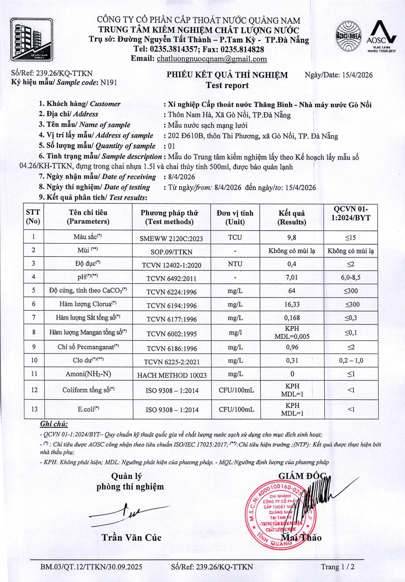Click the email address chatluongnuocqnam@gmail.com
212,59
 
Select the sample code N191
109,82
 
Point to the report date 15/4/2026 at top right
357,75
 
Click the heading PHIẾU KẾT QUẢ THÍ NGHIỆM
227,75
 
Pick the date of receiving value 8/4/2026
181,177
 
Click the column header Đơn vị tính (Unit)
235,217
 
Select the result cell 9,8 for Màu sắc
291,237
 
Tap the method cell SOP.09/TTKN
171,252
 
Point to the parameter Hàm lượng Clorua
88,304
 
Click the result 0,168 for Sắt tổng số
291,318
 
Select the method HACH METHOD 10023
172,375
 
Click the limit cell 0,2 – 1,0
351,360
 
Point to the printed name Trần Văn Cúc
131,537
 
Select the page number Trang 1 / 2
337,567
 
